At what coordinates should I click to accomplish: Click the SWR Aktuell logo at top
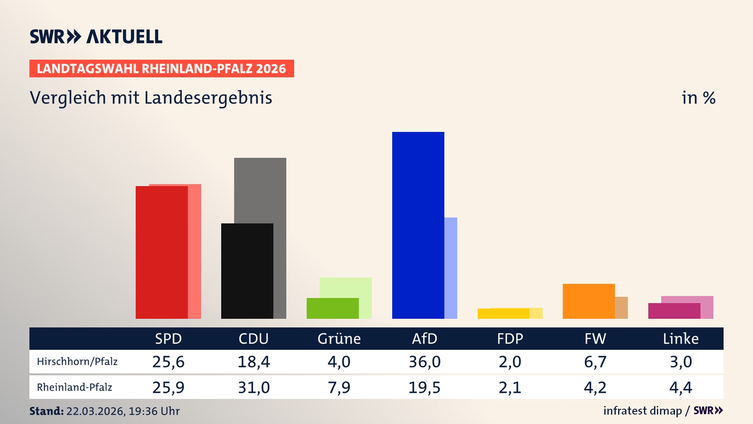pyautogui.click(x=96, y=37)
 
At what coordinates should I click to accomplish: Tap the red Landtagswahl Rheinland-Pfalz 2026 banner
pyautogui.click(x=161, y=69)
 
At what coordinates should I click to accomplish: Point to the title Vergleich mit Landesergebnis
pyautogui.click(x=151, y=98)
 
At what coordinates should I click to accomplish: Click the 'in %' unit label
pyautogui.click(x=698, y=98)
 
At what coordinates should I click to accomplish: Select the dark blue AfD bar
pyautogui.click(x=418, y=225)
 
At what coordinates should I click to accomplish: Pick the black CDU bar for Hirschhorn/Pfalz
pyautogui.click(x=247, y=271)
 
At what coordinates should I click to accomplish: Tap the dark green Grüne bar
pyautogui.click(x=332, y=308)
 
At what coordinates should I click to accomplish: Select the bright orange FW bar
pyautogui.click(x=588, y=301)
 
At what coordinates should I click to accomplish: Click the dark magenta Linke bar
pyautogui.click(x=674, y=311)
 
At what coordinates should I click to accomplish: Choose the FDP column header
pyautogui.click(x=510, y=338)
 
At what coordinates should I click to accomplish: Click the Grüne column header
pyautogui.click(x=339, y=338)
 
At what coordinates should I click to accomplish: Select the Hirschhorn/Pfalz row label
pyautogui.click(x=77, y=362)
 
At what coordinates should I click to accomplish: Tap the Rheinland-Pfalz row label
pyautogui.click(x=75, y=387)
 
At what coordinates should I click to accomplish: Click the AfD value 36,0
pyautogui.click(x=424, y=362)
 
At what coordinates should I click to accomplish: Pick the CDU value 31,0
pyautogui.click(x=254, y=387)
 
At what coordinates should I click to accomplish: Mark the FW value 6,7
pyautogui.click(x=595, y=362)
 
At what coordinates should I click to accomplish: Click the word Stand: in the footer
pyautogui.click(x=46, y=411)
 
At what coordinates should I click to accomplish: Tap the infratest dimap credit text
pyautogui.click(x=642, y=411)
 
